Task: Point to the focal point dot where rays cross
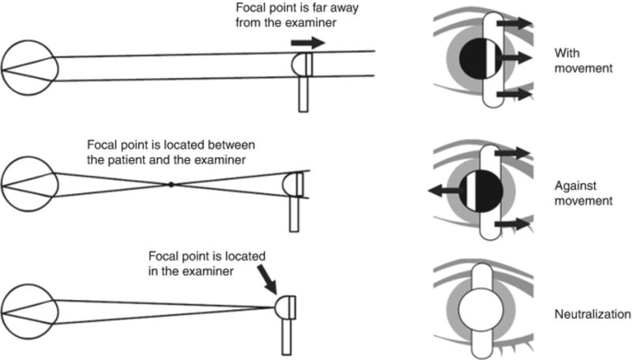[x=170, y=184]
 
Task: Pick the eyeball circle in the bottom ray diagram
[x=28, y=306]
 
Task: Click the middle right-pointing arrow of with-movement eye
[x=518, y=58]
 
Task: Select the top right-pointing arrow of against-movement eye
[x=517, y=151]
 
